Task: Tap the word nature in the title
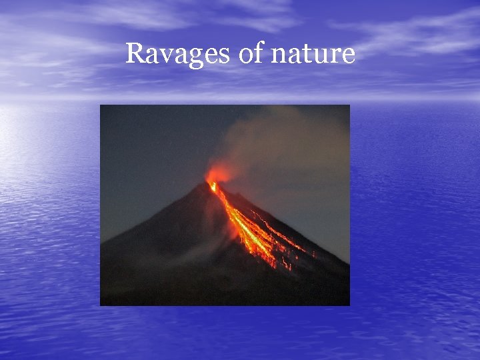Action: (314, 54)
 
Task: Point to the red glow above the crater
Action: (218, 174)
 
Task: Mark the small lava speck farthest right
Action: (314, 254)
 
